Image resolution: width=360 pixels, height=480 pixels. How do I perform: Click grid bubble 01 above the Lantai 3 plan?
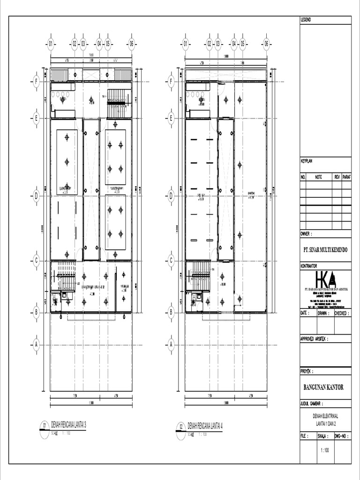point(50,45)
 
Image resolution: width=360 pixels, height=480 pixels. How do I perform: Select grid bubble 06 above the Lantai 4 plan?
point(266,45)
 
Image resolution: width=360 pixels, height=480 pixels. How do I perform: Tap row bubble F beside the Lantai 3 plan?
point(36,82)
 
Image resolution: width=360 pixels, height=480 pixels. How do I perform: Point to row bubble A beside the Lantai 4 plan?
point(171,345)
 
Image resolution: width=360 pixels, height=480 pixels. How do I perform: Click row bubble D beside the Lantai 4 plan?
point(171,196)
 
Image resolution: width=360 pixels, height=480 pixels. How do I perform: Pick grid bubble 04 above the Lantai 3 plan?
point(99,45)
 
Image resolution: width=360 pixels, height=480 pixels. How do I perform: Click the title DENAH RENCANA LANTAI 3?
point(68,425)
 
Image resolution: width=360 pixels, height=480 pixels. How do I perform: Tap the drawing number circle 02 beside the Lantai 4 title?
point(181,427)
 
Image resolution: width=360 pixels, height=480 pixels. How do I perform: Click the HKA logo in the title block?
point(325,279)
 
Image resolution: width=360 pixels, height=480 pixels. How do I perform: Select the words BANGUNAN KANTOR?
point(323,387)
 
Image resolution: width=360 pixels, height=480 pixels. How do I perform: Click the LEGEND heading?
point(306,20)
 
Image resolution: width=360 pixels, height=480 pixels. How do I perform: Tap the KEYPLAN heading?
point(307,161)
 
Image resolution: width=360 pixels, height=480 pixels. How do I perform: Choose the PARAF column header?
point(346,177)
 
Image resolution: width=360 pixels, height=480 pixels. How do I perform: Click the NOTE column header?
point(319,177)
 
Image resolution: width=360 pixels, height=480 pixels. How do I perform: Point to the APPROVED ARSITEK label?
point(314,338)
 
